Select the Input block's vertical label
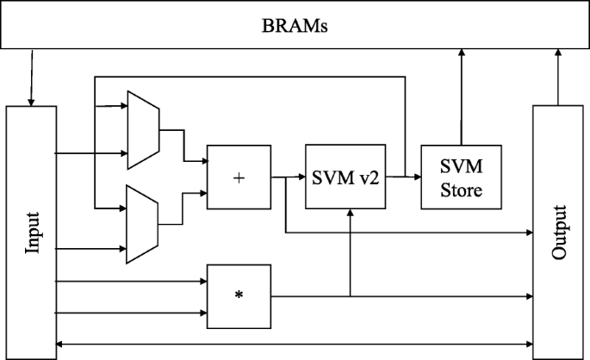point(32,231)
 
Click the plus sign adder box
point(239,177)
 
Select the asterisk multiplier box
point(239,296)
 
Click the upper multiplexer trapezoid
point(142,129)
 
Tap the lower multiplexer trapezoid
point(142,223)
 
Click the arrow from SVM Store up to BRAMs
point(462,95)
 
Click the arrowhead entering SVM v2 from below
point(349,214)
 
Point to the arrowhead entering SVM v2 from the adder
point(301,178)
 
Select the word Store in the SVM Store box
point(458,189)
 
